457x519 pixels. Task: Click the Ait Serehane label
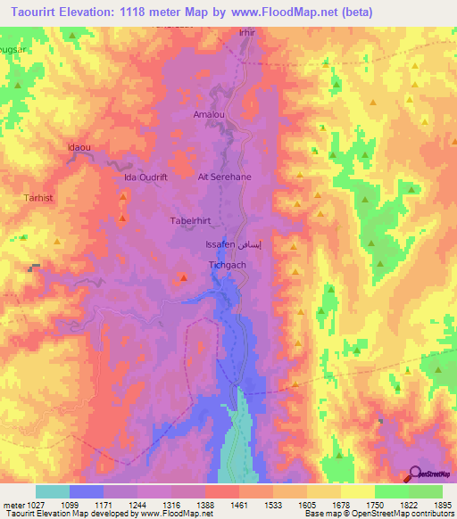[224, 177]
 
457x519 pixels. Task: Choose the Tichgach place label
[227, 265]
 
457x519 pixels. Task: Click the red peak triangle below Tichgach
[184, 278]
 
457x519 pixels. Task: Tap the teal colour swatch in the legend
[53, 491]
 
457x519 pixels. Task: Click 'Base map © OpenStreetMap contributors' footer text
[378, 514]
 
